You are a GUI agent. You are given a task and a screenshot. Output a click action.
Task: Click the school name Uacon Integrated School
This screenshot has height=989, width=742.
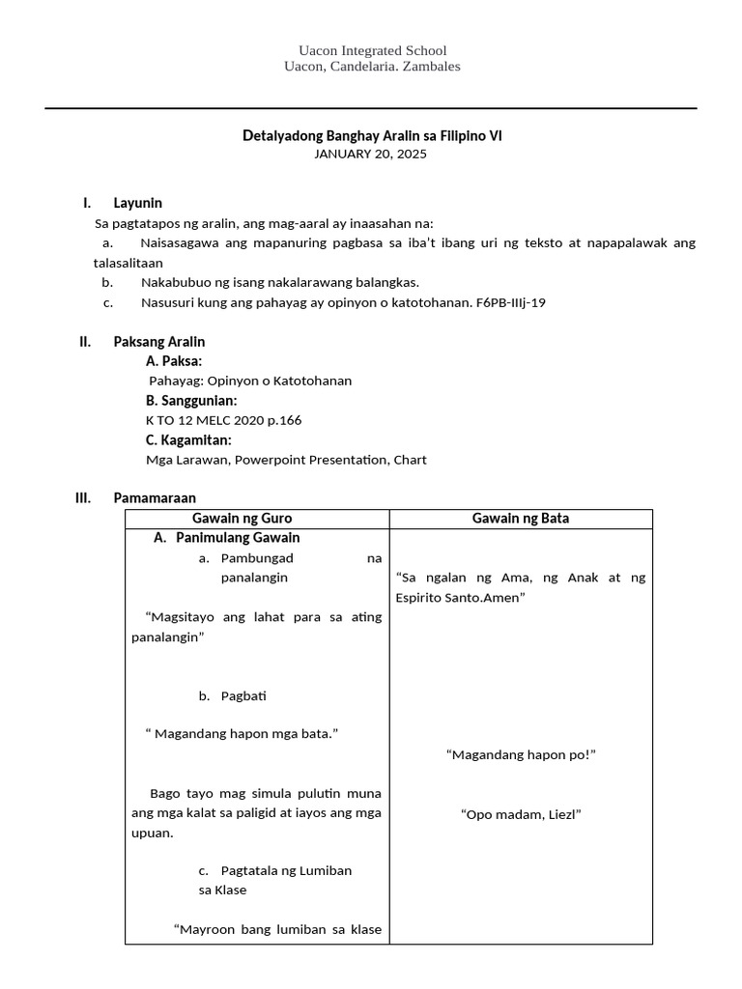[x=372, y=50]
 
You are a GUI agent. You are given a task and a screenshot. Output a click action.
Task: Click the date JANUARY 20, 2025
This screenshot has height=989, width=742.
[x=372, y=154]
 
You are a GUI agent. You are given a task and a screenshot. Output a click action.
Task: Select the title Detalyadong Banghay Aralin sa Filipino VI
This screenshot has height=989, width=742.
[x=372, y=136]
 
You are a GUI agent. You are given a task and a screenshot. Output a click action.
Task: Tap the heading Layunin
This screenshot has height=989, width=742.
[x=138, y=203]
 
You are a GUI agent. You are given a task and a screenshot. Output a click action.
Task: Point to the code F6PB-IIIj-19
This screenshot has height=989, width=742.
[x=511, y=302]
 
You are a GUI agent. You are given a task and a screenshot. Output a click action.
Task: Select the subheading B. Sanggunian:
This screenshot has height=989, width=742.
[x=191, y=401]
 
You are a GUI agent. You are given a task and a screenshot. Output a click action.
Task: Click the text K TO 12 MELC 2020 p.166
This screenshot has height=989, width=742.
[x=216, y=420]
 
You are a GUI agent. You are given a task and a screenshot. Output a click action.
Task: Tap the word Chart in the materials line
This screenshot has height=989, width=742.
[x=410, y=460]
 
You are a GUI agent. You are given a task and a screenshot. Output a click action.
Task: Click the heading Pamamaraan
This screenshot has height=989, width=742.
[x=155, y=498]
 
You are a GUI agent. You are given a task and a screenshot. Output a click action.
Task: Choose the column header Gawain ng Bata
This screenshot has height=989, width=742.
[x=521, y=519]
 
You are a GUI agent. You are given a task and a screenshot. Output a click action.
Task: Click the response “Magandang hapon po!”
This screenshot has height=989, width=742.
[x=521, y=754]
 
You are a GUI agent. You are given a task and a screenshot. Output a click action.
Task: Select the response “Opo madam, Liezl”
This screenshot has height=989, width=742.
[x=521, y=814]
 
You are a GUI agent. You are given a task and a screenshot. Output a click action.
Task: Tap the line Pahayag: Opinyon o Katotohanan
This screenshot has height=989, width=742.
[x=250, y=381]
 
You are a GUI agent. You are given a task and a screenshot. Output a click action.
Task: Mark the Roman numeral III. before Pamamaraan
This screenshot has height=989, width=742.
[x=83, y=498]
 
